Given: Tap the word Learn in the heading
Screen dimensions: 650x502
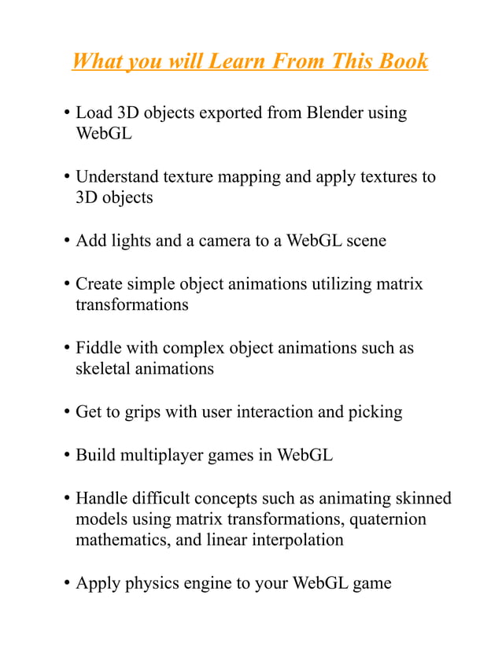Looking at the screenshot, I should [x=234, y=61].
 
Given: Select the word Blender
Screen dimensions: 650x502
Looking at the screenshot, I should [x=326, y=113].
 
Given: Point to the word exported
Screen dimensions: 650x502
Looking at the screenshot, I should [x=231, y=113].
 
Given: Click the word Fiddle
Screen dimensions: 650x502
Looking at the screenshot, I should [x=101, y=348].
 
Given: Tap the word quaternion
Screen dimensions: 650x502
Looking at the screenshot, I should [x=387, y=519].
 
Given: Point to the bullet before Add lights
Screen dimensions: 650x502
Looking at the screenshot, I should [x=66, y=242].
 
